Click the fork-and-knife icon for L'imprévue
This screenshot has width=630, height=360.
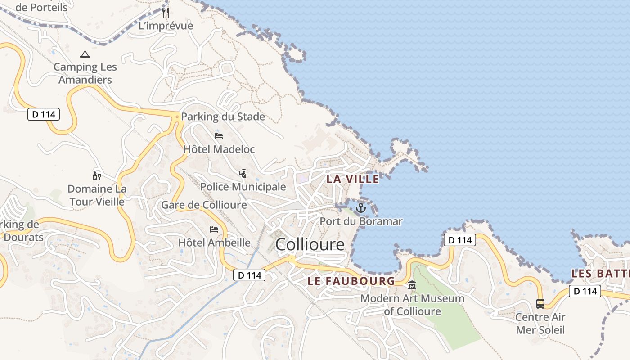point(166,12)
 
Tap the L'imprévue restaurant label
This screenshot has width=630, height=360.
point(166,26)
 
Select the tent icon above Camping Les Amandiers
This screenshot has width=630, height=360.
point(85,54)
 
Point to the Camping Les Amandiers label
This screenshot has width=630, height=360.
point(85,73)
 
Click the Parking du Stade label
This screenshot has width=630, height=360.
point(223,117)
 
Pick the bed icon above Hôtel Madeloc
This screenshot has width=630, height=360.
point(219,135)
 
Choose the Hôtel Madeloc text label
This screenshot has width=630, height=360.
point(219,149)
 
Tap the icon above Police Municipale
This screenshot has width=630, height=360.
point(243,173)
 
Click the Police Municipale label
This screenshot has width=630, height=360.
point(243,186)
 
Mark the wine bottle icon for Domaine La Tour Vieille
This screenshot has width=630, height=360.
point(96,176)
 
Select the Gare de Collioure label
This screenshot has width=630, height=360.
point(204,205)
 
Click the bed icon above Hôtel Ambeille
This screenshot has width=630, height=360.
point(214,229)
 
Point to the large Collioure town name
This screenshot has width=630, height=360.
point(310,244)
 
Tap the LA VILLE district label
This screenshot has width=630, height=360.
point(353,179)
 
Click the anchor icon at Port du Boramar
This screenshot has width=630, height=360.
point(360,208)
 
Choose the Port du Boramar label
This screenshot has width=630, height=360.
point(361,221)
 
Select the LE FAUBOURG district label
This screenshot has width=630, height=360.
point(351,281)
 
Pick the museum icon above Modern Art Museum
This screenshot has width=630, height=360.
point(412,285)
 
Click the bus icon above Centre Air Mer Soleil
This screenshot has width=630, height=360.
point(540,304)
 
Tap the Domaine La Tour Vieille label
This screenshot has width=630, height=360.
point(97,195)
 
